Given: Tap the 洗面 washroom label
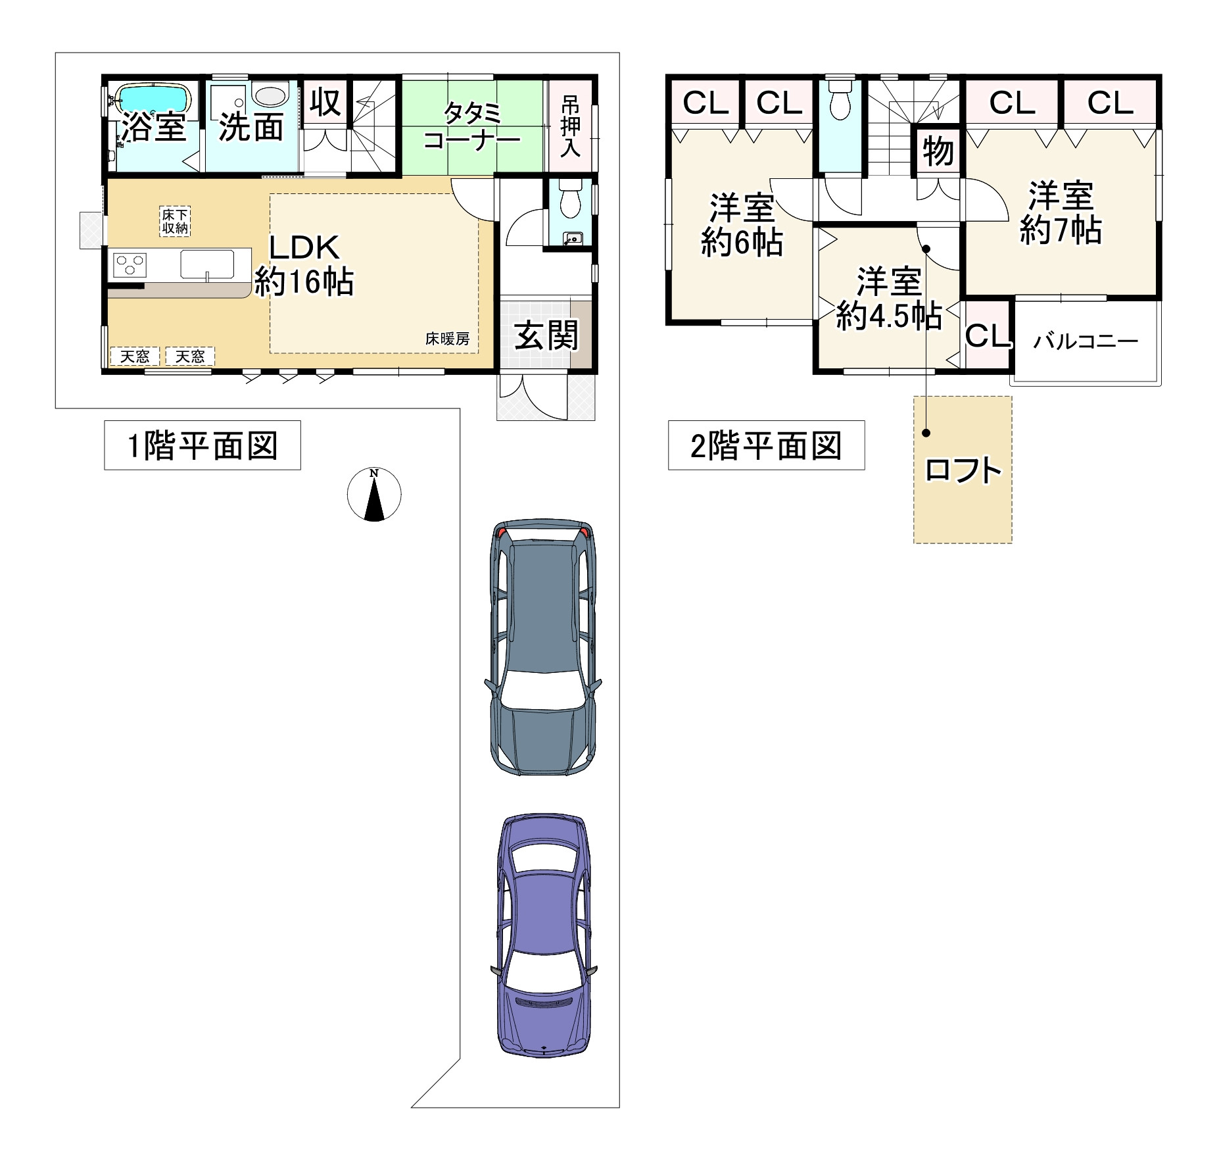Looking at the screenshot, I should point(251,126).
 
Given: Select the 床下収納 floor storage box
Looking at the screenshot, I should point(176,222).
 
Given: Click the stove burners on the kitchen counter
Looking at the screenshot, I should point(130,266).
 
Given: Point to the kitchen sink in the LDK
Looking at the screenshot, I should point(207,264).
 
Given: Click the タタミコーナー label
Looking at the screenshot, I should point(472,127).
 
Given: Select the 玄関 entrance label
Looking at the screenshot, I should point(546,335).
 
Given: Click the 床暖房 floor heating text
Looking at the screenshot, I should point(447,339).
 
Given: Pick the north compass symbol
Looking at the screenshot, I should point(374,494).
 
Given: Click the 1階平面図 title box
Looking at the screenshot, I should point(203,445).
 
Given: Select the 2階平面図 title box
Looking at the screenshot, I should point(766,445).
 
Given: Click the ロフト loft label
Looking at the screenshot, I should point(963,470).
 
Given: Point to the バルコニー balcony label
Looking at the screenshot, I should point(1085,341).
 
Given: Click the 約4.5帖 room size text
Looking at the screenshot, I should point(888,316).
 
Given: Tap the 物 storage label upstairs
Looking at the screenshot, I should point(938,151).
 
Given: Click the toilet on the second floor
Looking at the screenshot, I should point(839,99).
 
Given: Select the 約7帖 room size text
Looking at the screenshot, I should point(1060,231).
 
